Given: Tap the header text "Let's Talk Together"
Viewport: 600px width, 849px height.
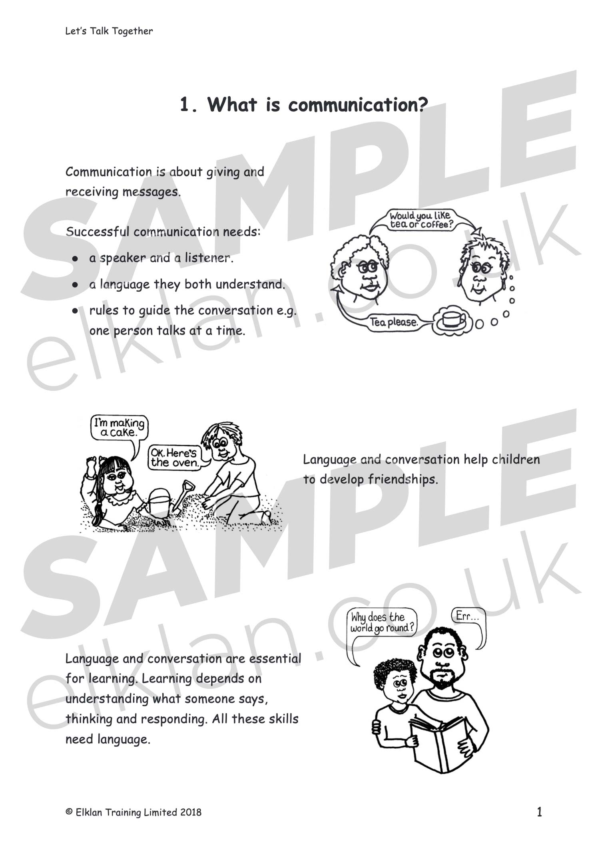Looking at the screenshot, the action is click(x=109, y=31).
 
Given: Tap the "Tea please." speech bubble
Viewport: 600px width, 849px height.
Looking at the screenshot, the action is click(x=394, y=322).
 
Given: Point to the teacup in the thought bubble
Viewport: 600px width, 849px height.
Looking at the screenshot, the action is click(x=452, y=320).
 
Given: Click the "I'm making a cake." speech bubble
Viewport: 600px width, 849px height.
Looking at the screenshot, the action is click(x=119, y=428).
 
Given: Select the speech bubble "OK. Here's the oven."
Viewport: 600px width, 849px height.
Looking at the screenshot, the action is click(x=174, y=458).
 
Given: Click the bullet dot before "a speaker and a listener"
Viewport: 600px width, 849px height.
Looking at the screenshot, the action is click(x=75, y=259).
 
